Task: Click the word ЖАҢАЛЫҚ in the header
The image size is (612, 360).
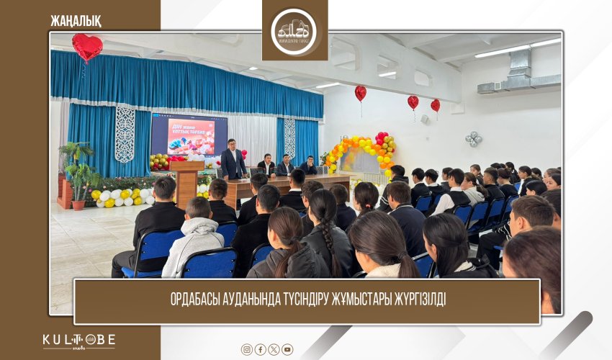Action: [x=76, y=20]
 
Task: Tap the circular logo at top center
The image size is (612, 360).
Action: [x=294, y=30]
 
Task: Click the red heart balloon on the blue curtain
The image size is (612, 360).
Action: [x=87, y=47]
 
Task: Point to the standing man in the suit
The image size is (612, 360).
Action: [x=233, y=160]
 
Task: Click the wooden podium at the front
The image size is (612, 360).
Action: [x=186, y=183]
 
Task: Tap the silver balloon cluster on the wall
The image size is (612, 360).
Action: [x=473, y=138]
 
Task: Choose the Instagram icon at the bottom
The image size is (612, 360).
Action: [x=247, y=349]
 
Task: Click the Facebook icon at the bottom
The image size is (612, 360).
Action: [x=261, y=349]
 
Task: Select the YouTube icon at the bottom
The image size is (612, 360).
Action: [x=287, y=349]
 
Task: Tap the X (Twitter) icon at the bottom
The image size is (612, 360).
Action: [x=274, y=349]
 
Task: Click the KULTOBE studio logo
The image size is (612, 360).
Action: [x=78, y=341]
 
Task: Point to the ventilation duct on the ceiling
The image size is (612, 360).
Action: [x=513, y=75]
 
